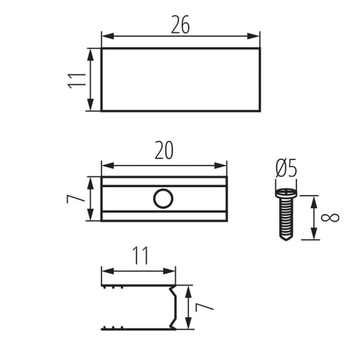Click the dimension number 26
(180, 24)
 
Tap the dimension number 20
(164, 150)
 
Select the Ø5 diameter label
(286, 168)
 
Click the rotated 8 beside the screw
(330, 217)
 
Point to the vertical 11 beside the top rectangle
(77, 81)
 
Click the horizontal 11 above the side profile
(141, 256)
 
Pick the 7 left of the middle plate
(75, 199)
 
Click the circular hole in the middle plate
(163, 199)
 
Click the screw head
(286, 192)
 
